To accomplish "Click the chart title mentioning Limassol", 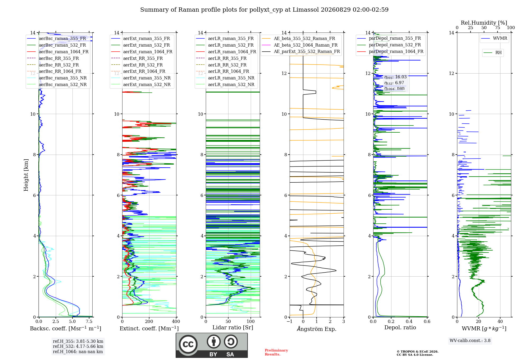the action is click(264, 10).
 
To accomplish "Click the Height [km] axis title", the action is click(26, 175).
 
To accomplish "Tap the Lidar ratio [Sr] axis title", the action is click(233, 327).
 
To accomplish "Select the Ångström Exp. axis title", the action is click(317, 329).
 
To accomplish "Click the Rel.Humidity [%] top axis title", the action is click(484, 23).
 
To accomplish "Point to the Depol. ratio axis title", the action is click(400, 327).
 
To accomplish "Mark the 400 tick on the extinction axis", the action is click(176, 321).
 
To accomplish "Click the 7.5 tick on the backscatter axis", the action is click(89, 321).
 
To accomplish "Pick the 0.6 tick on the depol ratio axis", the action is click(427, 321).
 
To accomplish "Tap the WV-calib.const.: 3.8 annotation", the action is click(470, 341).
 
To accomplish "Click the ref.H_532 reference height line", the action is click(78, 346).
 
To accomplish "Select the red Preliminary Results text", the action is click(276, 352).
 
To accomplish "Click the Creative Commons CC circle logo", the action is click(188, 344).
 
